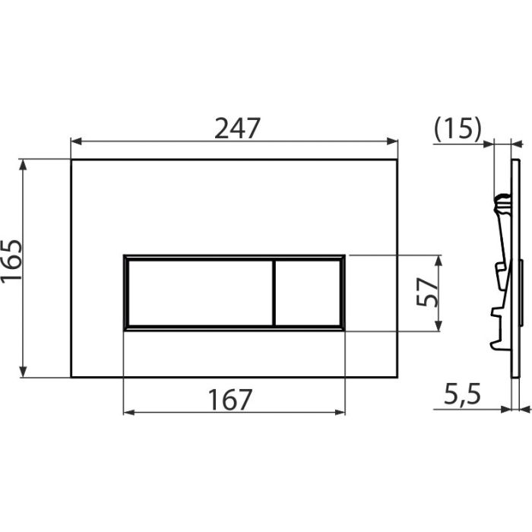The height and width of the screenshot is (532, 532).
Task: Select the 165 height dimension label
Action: [13, 260]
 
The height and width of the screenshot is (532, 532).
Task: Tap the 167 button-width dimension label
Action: [230, 398]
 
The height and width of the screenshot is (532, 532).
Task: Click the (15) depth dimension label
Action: [458, 129]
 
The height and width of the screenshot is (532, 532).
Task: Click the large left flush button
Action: [198, 293]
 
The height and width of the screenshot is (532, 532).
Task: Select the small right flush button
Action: [307, 293]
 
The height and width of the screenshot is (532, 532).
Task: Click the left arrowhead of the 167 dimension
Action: [128, 413]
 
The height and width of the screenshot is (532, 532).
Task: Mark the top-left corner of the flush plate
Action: [71, 160]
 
